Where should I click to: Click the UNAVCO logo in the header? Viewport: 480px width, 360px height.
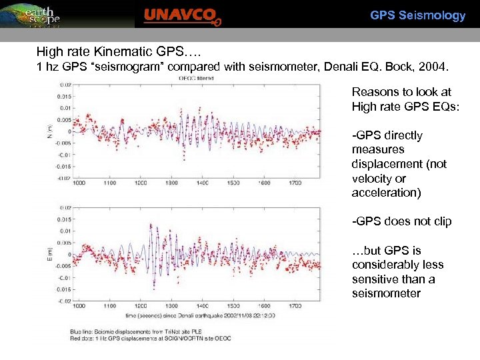pos(182,16)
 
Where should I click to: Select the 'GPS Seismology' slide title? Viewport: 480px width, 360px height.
pos(417,15)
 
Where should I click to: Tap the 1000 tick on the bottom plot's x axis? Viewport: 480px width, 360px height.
pos(78,306)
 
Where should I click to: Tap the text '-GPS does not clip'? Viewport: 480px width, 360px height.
pos(401,221)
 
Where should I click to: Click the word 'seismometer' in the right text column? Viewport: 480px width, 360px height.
pos(386,293)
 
